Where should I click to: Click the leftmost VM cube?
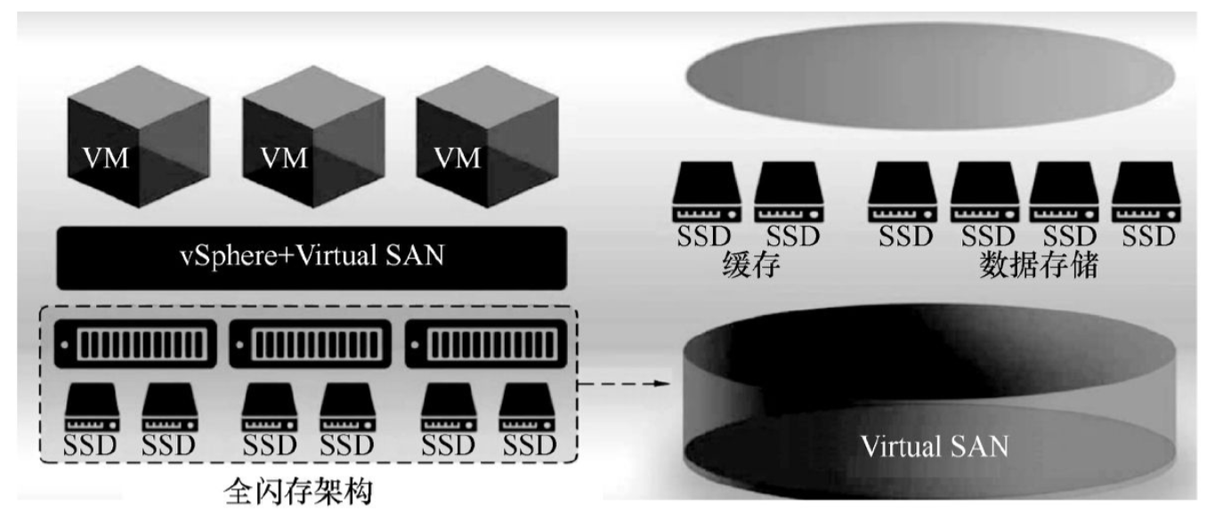139,150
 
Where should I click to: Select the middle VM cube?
313,150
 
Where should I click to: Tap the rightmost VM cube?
487,150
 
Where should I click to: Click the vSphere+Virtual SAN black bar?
312,258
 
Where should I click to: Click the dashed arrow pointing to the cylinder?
623,384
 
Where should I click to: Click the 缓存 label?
750,266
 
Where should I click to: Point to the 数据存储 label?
1038,266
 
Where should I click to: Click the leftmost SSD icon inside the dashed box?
89,409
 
